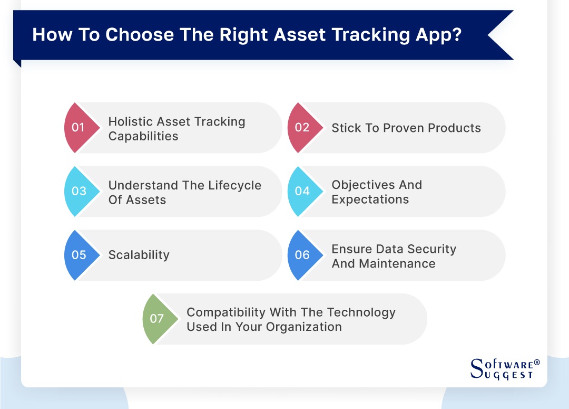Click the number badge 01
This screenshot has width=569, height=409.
click(79, 128)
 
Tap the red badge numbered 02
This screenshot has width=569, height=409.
click(302, 128)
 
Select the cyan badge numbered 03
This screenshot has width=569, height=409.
click(79, 192)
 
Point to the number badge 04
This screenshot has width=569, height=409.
click(302, 192)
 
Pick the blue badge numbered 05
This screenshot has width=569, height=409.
click(79, 255)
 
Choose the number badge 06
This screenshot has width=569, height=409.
click(302, 255)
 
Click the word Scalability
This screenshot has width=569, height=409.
click(139, 255)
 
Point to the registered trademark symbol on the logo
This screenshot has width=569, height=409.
click(537, 363)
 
